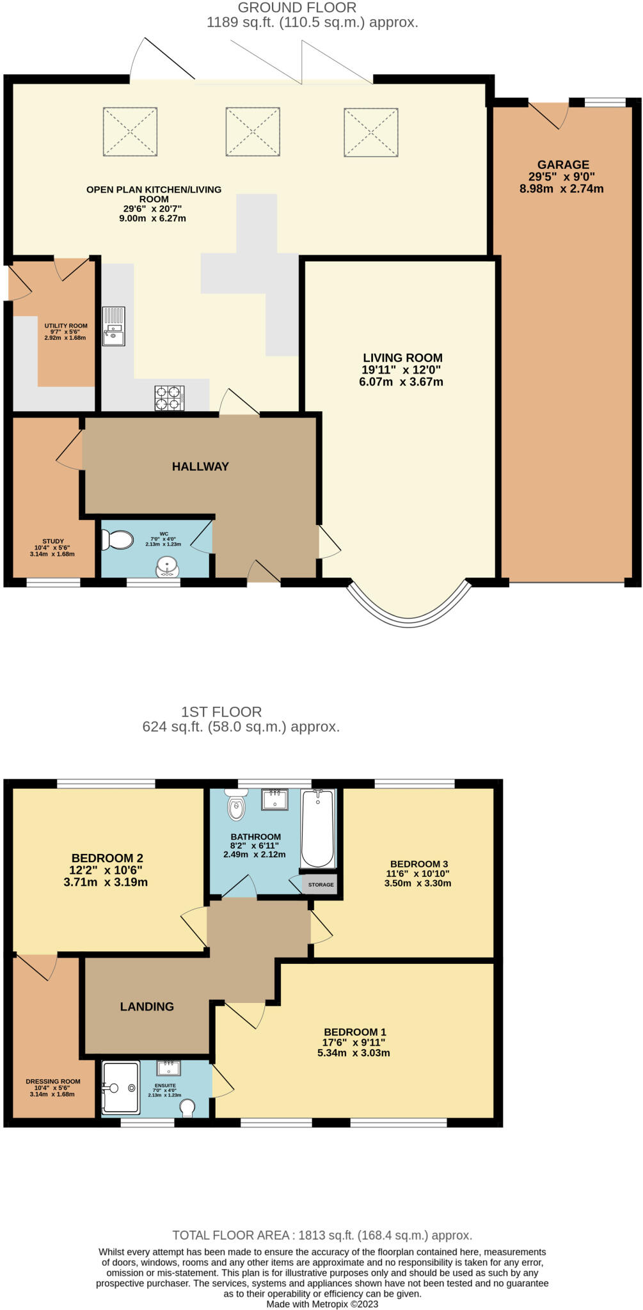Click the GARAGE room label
click(563, 164)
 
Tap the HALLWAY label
click(200, 467)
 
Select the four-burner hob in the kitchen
click(170, 398)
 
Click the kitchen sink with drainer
click(114, 326)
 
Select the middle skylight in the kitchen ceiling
click(253, 132)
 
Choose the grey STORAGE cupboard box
click(321, 885)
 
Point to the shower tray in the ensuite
click(120, 1087)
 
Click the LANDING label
click(147, 1007)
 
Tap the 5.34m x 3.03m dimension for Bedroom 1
click(354, 1053)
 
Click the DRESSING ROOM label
click(53, 1082)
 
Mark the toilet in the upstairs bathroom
click(236, 806)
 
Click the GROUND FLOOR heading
click(297, 8)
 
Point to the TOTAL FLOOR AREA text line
click(322, 1235)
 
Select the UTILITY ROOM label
click(66, 326)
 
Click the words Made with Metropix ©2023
click(322, 1304)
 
